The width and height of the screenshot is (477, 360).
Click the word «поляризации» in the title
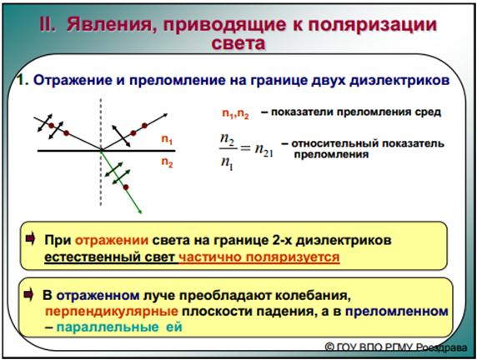[x=373, y=25]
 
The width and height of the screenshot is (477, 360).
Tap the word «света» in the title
[x=238, y=43]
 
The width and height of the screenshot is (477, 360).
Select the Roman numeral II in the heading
[x=48, y=24]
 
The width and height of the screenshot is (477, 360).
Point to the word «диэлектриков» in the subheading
[x=399, y=81]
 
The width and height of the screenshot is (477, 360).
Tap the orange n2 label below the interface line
[x=167, y=162]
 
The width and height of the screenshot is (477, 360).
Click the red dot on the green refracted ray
[x=126, y=187]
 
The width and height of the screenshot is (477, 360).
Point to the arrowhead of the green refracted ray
[x=140, y=212]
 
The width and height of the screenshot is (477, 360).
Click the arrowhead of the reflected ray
[x=165, y=115]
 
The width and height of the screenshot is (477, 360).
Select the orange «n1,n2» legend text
[x=235, y=114]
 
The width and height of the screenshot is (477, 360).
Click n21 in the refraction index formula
[x=264, y=150]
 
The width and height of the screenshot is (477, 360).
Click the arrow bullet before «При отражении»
[x=30, y=239]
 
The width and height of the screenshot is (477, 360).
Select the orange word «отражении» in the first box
[x=112, y=241]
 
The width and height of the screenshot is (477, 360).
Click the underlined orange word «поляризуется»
[x=293, y=257]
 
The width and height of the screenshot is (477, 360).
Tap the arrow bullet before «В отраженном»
[x=28, y=294]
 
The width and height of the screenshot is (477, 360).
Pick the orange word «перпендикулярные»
[x=112, y=312]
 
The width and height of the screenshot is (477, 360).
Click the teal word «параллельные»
[x=108, y=327]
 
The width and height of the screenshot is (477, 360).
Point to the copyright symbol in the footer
[x=329, y=347]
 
